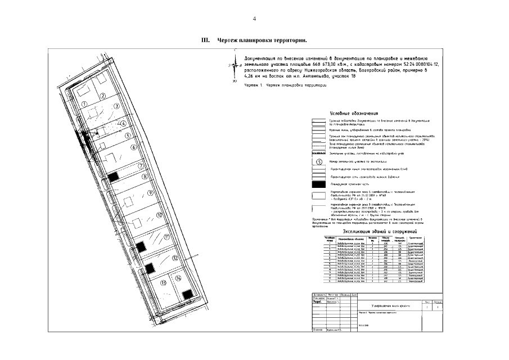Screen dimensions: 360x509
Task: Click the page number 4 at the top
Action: pos(254,19)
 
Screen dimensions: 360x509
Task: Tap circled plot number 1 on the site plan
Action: pos(83,105)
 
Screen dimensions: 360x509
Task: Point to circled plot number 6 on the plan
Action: pos(133,148)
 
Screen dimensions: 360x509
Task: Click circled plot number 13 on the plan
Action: pos(163,283)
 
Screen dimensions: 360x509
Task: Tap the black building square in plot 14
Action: pos(187,293)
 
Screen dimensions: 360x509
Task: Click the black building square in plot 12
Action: pos(150,268)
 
